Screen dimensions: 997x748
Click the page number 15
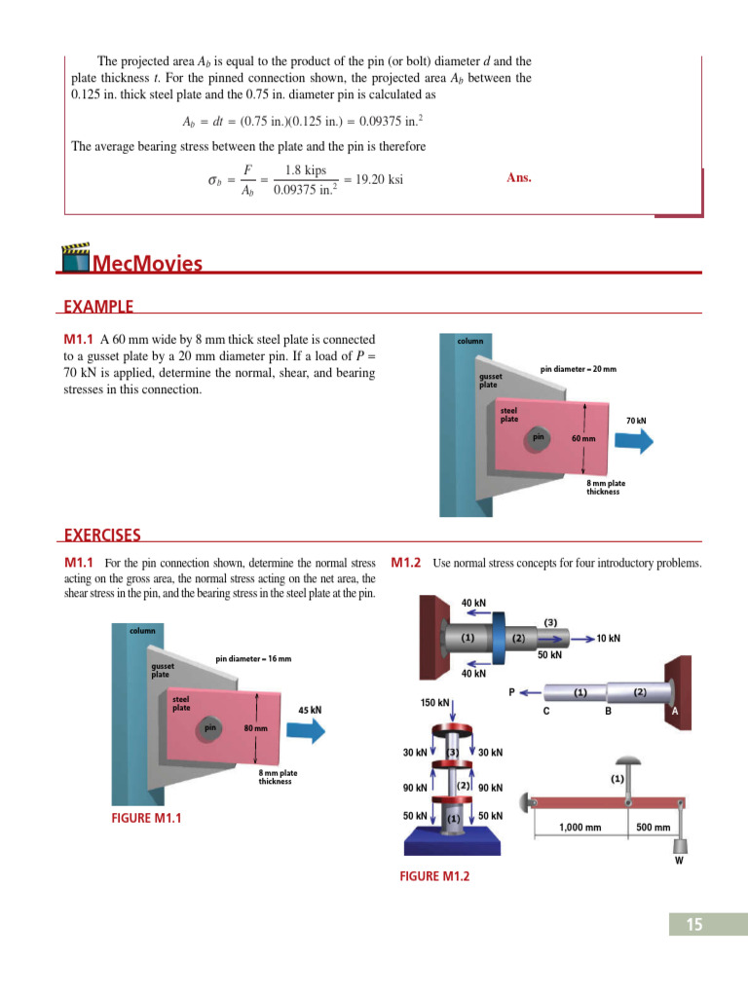[x=693, y=925]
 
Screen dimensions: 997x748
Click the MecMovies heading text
[x=147, y=264]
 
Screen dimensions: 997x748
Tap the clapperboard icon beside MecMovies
[x=76, y=258]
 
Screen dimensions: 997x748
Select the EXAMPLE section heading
[x=98, y=307]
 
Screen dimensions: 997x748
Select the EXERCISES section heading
[x=102, y=535]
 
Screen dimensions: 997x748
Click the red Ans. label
[x=519, y=178]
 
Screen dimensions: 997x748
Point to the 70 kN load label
[x=635, y=421]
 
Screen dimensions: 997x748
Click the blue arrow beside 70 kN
[x=634, y=439]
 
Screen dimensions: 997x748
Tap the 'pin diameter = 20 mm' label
[x=579, y=369]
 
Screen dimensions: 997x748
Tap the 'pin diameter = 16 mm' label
[x=253, y=659]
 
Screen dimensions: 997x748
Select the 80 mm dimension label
[x=255, y=728]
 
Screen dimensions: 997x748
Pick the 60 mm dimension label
[x=583, y=439]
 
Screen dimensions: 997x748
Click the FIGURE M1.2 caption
[x=434, y=876]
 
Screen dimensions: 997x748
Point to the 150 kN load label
[x=434, y=703]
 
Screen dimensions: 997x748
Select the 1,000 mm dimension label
[x=580, y=828]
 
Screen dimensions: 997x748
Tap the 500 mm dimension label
[x=653, y=828]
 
